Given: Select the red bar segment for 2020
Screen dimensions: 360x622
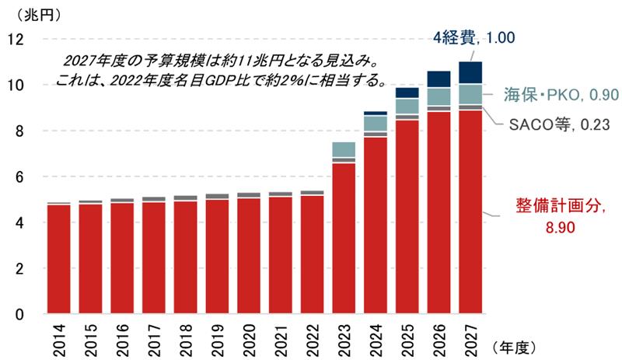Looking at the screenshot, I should click(x=250, y=256).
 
